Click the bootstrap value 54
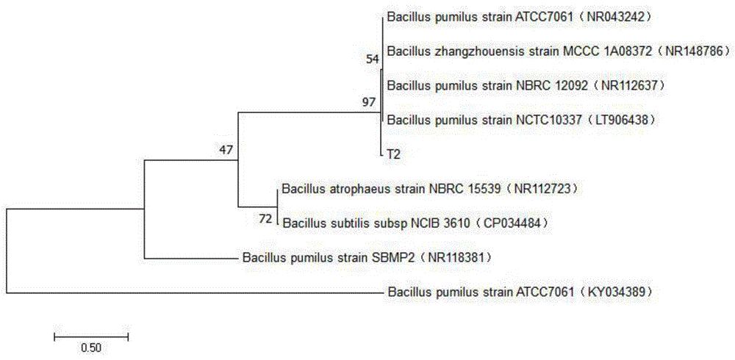tap(371, 60)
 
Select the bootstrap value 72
tap(264, 218)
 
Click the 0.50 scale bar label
tap(91, 347)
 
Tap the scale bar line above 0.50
tap(91, 336)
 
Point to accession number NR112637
tap(632, 85)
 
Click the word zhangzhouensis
tap(473, 51)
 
